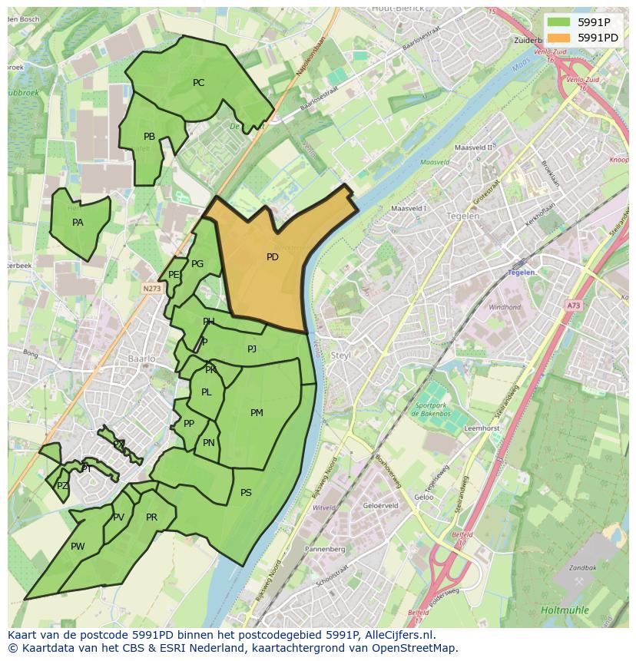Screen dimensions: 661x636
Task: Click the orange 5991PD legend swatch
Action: click(x=558, y=38)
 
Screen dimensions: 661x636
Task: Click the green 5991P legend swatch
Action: click(x=558, y=22)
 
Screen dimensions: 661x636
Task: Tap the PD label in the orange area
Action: click(x=272, y=257)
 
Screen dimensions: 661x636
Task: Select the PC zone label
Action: click(x=198, y=83)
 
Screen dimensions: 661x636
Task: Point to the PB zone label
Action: click(x=149, y=137)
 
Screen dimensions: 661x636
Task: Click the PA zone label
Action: click(x=78, y=223)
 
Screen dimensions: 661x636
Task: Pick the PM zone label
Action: click(x=257, y=413)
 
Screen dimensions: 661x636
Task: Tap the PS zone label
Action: click(x=246, y=493)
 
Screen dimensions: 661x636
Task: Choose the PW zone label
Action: click(x=78, y=547)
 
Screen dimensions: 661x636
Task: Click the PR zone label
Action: click(x=151, y=517)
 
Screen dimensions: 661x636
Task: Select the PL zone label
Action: click(x=206, y=392)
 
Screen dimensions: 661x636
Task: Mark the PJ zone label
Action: click(x=252, y=349)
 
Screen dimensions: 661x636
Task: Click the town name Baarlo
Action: click(x=142, y=359)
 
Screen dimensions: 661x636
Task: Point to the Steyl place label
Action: click(x=340, y=355)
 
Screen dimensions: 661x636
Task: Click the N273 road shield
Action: click(x=151, y=289)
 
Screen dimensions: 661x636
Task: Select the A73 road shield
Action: click(x=574, y=306)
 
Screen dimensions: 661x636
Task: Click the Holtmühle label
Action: click(x=565, y=610)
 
